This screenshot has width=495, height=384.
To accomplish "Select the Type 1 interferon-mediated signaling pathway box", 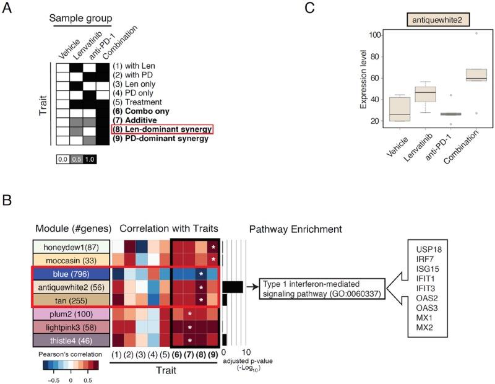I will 322,288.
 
